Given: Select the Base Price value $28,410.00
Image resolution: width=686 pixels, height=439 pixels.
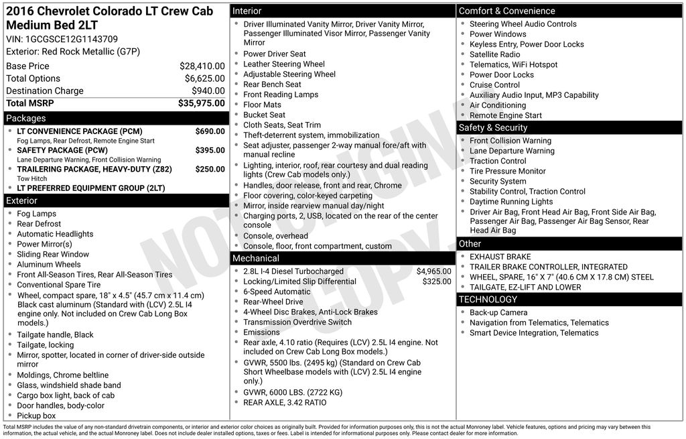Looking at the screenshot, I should point(202,66).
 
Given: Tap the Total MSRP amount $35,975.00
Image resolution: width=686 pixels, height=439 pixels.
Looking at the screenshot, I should point(201,103).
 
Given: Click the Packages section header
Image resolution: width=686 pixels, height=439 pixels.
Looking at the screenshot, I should point(26,119).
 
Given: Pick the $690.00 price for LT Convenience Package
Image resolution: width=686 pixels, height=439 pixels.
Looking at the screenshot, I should point(210,131).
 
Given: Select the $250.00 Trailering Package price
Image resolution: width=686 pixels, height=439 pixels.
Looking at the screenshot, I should point(210,170).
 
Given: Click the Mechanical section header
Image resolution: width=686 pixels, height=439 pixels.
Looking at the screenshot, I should point(255,259).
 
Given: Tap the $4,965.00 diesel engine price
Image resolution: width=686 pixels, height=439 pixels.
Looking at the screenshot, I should point(433,271).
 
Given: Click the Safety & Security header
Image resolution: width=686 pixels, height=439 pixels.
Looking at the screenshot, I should point(493,128).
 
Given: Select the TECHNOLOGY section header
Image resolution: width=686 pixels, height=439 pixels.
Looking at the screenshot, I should point(488,300).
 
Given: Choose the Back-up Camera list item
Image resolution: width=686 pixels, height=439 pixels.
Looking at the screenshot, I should point(498,313).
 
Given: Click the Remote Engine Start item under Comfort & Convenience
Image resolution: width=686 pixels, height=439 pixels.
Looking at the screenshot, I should point(506,115).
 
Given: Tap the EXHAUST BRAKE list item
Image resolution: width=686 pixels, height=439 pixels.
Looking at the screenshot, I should point(500,257).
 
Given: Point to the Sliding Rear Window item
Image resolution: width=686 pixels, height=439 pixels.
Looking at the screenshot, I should point(53,255).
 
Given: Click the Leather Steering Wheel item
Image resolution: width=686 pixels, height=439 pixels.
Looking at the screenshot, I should point(284,64).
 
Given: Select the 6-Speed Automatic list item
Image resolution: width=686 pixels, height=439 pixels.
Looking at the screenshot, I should point(277,292).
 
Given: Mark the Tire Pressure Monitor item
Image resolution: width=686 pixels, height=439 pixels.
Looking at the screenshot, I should point(508,172).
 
